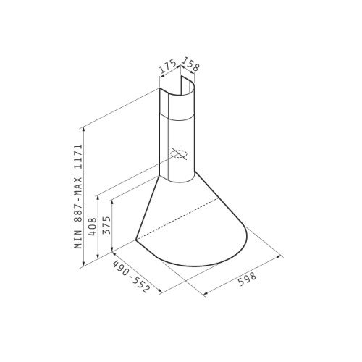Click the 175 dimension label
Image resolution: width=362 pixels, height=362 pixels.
pyautogui.click(x=169, y=69)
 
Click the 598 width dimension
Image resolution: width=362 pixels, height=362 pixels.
pyautogui.click(x=247, y=279)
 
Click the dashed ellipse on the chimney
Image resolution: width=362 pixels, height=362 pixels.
pyautogui.click(x=179, y=153)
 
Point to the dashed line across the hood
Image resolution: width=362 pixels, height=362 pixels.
pyautogui.click(x=189, y=219)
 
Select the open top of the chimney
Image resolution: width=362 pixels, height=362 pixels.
pyautogui.click(x=177, y=91)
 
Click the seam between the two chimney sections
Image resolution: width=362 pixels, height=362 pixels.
pyautogui.click(x=177, y=115)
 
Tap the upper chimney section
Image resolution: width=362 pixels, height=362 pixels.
pyautogui.click(x=177, y=104)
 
